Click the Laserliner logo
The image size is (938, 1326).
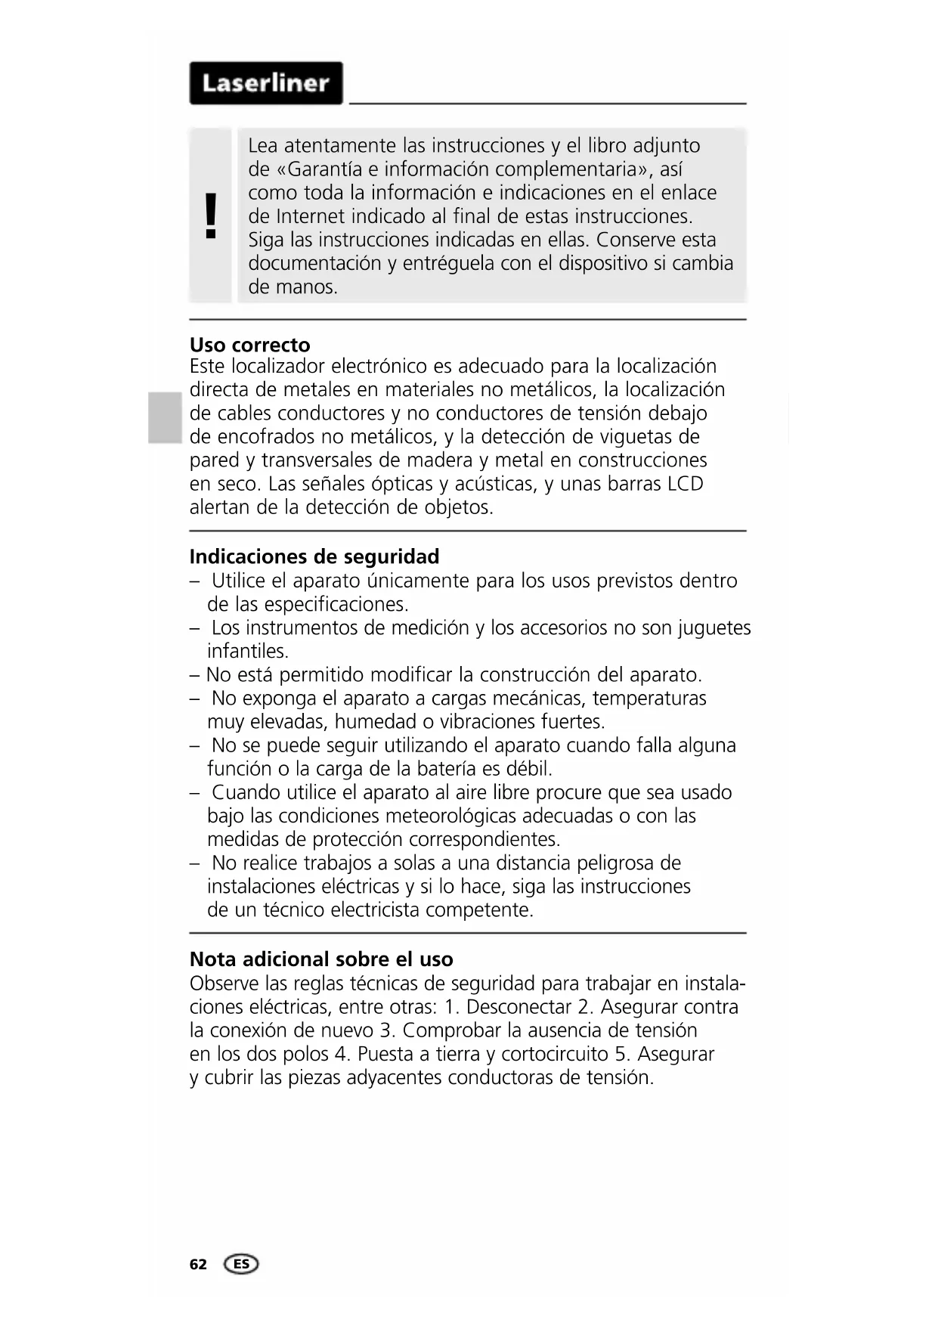pyautogui.click(x=266, y=83)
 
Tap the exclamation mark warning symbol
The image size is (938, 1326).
pyautogui.click(x=211, y=215)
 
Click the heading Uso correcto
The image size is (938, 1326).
pyautogui.click(x=249, y=345)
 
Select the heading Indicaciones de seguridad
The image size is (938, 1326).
pyautogui.click(x=314, y=556)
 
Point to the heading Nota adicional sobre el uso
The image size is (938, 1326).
pyautogui.click(x=321, y=959)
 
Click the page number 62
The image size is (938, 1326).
pyautogui.click(x=198, y=1265)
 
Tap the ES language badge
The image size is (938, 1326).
pyautogui.click(x=241, y=1264)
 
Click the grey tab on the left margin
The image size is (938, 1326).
pyautogui.click(x=165, y=417)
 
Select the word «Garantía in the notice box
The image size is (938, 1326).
pyautogui.click(x=317, y=169)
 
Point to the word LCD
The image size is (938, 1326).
pyautogui.click(x=686, y=484)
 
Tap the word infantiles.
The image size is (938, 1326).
pyautogui.click(x=247, y=652)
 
